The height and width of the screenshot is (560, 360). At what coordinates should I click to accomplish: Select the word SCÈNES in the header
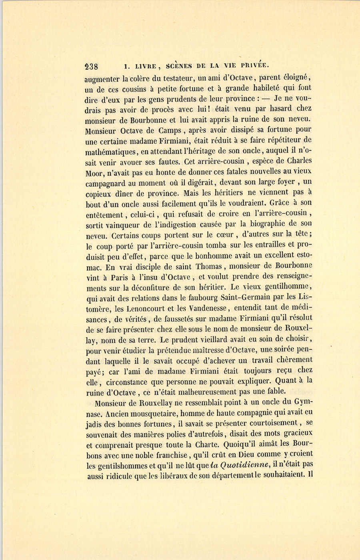(x=178, y=66)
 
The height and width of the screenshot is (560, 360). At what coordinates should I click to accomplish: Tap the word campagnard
(x=105, y=183)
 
